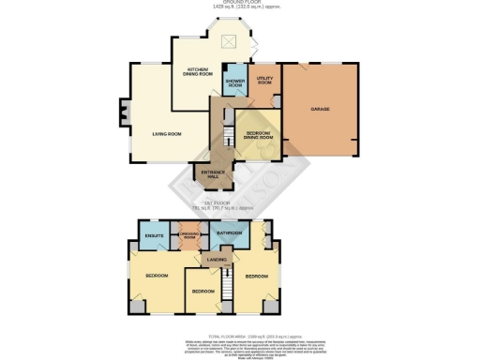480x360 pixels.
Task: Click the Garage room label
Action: [x=320, y=110]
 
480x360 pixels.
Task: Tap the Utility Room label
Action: [x=264, y=82]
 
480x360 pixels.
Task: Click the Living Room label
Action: [x=167, y=134]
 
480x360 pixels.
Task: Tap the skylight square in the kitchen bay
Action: [x=228, y=40]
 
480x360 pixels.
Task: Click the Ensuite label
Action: [x=155, y=235]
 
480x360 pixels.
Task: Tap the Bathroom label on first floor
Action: [x=230, y=232]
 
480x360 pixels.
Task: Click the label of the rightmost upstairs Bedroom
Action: [x=257, y=277]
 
